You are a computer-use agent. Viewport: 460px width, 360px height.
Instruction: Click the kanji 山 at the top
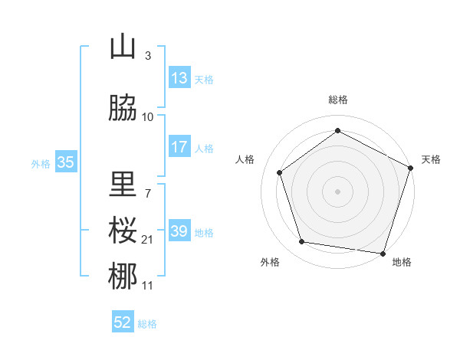tap(123, 47)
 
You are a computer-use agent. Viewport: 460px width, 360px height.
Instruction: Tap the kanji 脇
tap(123, 108)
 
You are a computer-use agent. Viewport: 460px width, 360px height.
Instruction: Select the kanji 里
tap(123, 184)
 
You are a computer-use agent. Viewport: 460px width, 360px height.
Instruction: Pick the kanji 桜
tap(123, 231)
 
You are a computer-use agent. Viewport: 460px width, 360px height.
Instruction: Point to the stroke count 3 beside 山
tap(148, 56)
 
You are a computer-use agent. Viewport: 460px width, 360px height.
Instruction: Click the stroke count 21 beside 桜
tap(148, 240)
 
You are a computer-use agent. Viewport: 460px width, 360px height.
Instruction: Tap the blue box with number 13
tap(179, 78)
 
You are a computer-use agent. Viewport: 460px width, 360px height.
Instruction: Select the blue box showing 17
tap(179, 147)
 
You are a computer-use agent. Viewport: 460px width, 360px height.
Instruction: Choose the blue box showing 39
tap(179, 231)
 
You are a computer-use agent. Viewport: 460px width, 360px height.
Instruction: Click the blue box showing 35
tap(66, 162)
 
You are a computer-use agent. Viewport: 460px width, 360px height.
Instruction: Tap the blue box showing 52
tap(123, 322)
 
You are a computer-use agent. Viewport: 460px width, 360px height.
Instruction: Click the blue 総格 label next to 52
tap(147, 324)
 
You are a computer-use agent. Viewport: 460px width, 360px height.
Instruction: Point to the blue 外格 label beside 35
tap(41, 163)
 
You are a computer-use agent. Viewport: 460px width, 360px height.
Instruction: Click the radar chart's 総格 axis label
tap(338, 100)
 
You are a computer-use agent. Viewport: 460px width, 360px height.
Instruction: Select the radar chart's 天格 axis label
tap(431, 159)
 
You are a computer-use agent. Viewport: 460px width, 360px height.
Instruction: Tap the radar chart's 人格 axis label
tap(245, 159)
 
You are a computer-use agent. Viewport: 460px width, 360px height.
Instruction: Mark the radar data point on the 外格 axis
tap(302, 242)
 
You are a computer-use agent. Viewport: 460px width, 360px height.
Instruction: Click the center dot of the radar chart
tap(338, 191)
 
